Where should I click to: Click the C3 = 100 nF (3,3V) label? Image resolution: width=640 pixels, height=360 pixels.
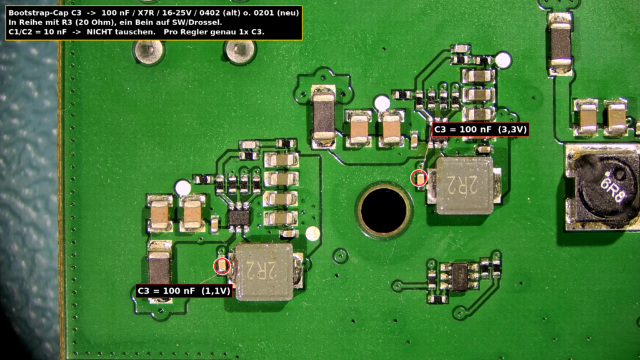(x=480, y=129)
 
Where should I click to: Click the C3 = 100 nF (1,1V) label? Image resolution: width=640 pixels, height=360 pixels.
(x=184, y=291)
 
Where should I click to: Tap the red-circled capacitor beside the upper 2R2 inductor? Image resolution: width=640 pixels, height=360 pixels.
(x=419, y=178)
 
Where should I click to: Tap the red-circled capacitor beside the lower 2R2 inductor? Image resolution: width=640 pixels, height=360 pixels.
(x=222, y=266)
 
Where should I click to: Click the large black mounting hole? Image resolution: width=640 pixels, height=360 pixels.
(x=384, y=210)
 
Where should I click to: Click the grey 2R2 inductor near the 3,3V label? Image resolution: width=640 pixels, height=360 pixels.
(x=463, y=186)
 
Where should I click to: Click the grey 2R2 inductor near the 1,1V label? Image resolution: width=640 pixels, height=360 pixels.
(x=264, y=272)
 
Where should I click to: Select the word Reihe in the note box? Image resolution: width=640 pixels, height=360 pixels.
(x=28, y=22)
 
